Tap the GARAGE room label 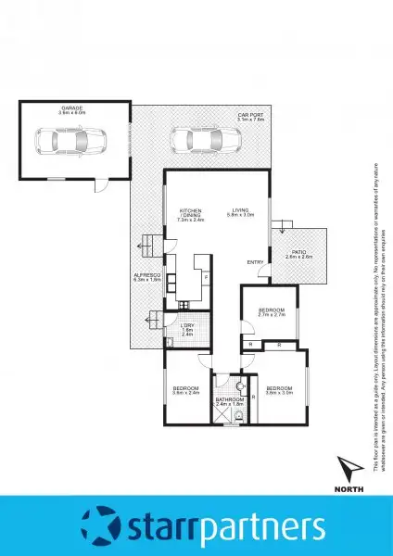coord(72,109)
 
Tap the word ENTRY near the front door coord(255,262)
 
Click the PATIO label coord(298,254)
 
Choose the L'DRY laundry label coord(185,326)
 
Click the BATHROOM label coord(228,400)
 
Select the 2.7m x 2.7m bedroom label coord(270,312)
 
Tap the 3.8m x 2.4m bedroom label coord(185,390)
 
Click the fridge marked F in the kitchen coord(206,277)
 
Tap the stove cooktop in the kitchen coord(184,305)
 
